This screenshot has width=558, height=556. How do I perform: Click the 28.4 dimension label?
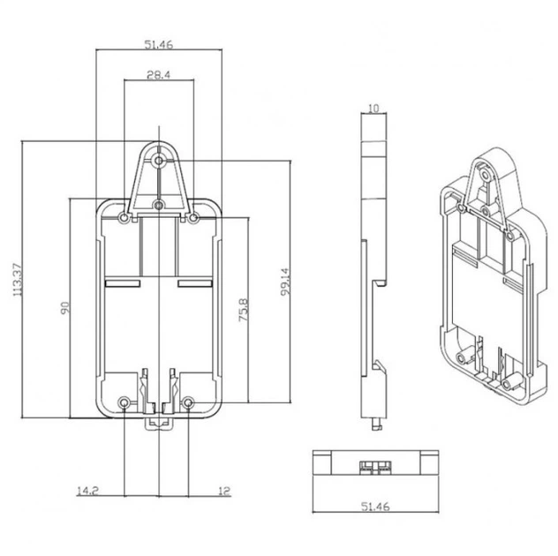tap(158, 75)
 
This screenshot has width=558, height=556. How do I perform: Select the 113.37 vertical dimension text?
tap(18, 280)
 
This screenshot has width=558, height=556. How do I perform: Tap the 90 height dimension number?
tap(64, 308)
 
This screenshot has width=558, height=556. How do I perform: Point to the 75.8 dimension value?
tap(244, 310)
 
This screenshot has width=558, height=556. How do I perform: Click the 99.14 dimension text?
tap(285, 282)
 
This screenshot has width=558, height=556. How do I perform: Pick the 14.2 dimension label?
tap(87, 491)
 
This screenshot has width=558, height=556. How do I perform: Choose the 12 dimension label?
tap(224, 492)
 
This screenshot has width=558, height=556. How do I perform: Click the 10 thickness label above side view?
tap(373, 109)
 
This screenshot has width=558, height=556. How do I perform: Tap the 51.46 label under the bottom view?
tap(375, 507)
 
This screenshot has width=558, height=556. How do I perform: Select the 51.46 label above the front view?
tap(158, 44)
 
